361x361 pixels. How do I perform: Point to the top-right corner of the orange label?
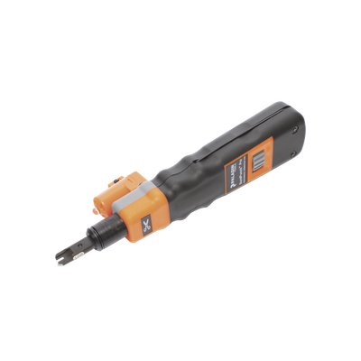pos(273,138)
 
